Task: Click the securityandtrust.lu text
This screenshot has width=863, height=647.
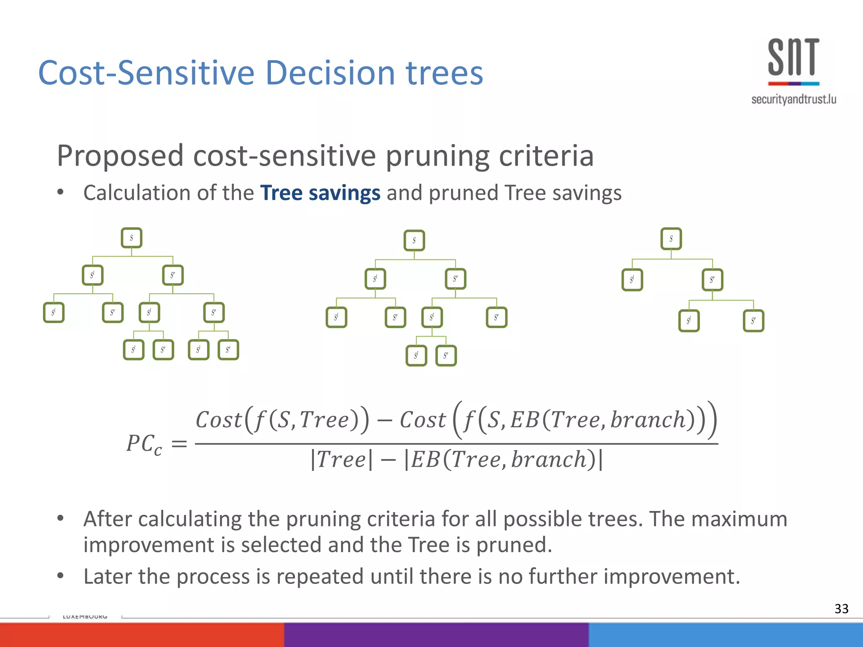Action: [x=793, y=99]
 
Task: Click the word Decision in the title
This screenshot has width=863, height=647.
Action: [x=330, y=73]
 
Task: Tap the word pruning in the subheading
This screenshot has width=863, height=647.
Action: [x=438, y=156]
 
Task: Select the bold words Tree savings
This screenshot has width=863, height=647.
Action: [x=320, y=193]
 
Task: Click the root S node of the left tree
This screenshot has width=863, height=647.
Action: [x=131, y=238]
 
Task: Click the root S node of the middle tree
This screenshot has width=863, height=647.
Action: [x=414, y=241]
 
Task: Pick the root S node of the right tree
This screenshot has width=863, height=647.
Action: [x=671, y=239]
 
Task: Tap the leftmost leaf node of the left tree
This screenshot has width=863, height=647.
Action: [x=54, y=313]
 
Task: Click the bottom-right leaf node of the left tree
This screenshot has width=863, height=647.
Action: [x=228, y=350]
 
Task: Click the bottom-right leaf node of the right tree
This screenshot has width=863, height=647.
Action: [x=753, y=321]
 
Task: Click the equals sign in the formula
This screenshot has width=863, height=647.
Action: [x=180, y=444]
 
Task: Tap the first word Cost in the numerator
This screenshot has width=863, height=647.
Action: [x=219, y=420]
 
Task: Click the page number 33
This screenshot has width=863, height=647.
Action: [x=841, y=609]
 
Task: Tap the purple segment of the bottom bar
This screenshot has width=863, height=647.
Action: [x=436, y=635]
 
